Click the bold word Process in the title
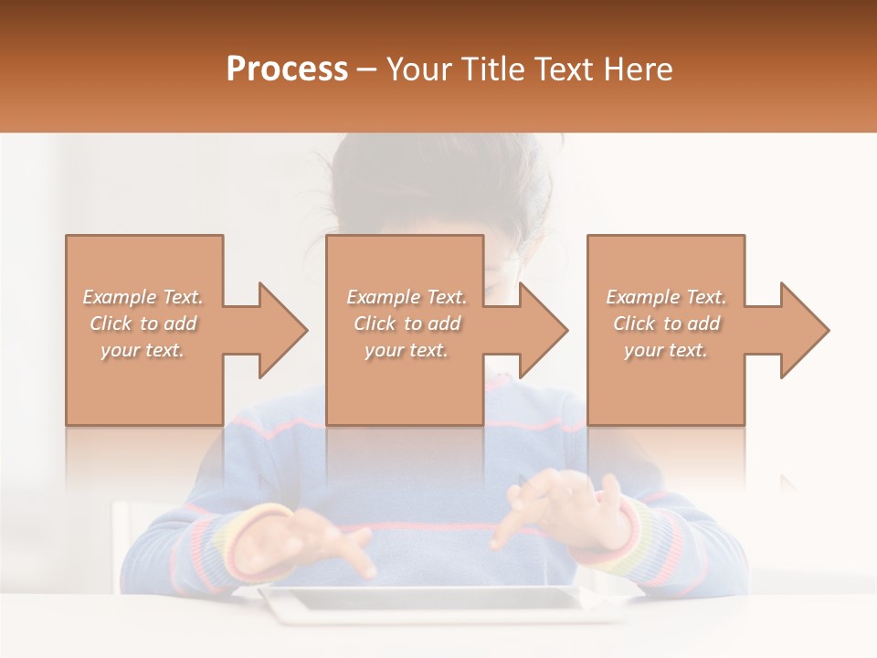coord(287,69)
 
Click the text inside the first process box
coord(143,324)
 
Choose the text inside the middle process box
coord(406,324)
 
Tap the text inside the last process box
coord(666,324)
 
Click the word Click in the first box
coord(111,324)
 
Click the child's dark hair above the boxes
coord(429,178)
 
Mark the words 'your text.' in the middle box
coord(406,350)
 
